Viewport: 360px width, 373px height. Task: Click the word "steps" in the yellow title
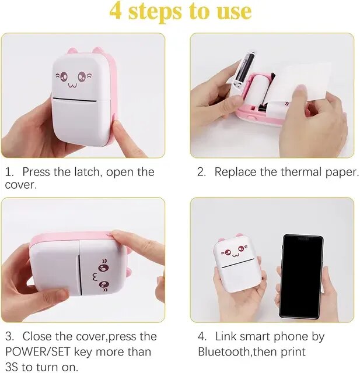pyautogui.click(x=155, y=12)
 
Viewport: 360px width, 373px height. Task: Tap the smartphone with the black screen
pyautogui.click(x=302, y=277)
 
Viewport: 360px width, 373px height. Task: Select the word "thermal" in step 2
pyautogui.click(x=301, y=172)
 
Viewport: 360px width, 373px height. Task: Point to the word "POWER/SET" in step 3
pyautogui.click(x=38, y=351)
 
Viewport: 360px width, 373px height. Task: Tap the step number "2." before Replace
pyautogui.click(x=201, y=172)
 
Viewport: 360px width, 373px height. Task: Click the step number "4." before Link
pyautogui.click(x=202, y=336)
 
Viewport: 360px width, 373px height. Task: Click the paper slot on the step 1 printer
pyautogui.click(x=74, y=100)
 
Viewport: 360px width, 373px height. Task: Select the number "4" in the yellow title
pyautogui.click(x=116, y=12)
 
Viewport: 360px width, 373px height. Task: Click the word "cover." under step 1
pyautogui.click(x=21, y=185)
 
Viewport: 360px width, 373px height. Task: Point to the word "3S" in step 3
pyautogui.click(x=12, y=367)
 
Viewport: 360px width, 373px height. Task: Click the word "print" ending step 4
pyautogui.click(x=293, y=352)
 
